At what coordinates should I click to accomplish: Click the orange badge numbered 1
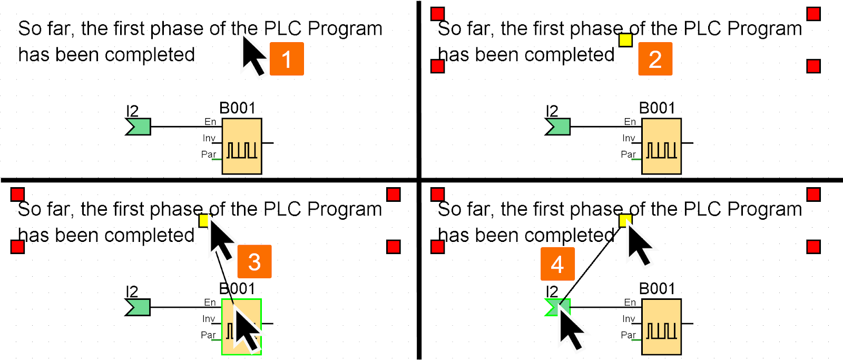pos(287,59)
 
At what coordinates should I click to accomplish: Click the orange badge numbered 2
pos(655,59)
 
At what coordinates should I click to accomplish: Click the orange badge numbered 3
pos(254,261)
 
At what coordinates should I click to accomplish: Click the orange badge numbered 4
pos(557,264)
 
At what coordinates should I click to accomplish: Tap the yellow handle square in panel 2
pos(625,40)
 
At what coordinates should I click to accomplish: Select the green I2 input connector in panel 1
pos(139,127)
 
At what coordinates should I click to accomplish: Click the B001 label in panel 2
pos(658,108)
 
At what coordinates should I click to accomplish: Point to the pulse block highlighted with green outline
pos(242,327)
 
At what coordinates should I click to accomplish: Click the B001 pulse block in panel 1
pos(242,146)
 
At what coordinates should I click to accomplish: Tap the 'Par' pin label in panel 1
pos(209,154)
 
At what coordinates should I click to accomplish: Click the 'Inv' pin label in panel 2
pos(629,138)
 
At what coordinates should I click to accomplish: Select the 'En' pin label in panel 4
pos(630,303)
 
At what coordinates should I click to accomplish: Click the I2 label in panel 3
pos(132,291)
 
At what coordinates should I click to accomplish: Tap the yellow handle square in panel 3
pos(203,220)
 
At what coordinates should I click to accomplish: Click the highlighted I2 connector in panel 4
pos(558,307)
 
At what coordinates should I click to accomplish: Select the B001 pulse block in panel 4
pos(661,327)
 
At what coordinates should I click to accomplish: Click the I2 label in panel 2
pos(552,111)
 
